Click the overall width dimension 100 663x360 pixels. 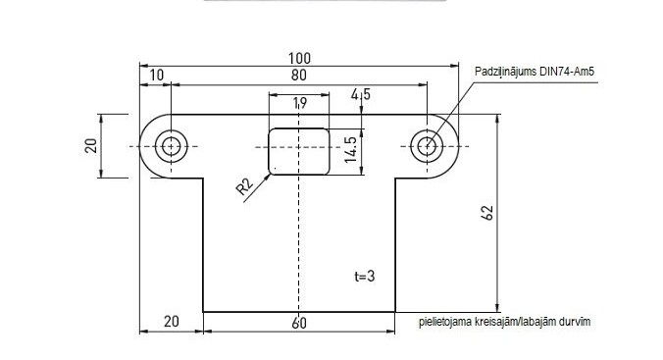[x=299, y=58]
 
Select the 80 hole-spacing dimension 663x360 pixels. [x=299, y=76]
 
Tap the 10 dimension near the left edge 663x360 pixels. [x=156, y=76]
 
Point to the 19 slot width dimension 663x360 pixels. [x=300, y=103]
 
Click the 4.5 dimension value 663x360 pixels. [x=361, y=94]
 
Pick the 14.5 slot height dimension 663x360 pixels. [x=351, y=149]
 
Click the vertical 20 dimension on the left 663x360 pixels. [x=91, y=145]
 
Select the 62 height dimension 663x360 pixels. [x=487, y=213]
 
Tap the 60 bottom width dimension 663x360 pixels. [x=299, y=323]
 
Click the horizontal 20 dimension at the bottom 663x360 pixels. [x=172, y=322]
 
